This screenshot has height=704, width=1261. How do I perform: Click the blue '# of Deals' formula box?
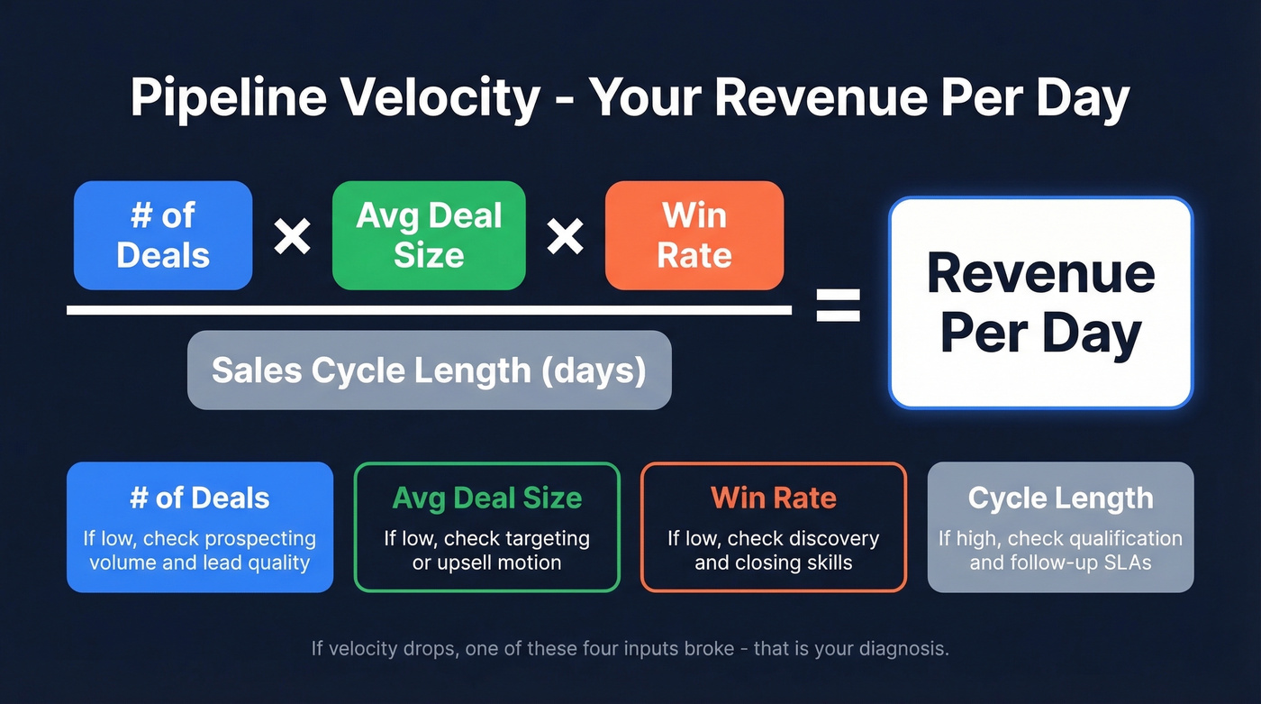tap(163, 235)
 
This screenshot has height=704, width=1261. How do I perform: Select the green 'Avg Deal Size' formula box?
tap(429, 235)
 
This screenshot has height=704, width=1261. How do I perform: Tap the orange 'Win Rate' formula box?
tap(694, 235)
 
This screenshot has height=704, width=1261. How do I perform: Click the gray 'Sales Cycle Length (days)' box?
tap(429, 370)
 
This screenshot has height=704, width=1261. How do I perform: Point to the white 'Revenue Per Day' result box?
tap(1040, 303)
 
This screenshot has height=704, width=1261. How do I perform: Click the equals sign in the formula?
tap(838, 305)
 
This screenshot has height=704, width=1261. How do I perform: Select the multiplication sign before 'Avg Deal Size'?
tap(293, 236)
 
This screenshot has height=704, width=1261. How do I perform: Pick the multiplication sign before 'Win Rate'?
tap(565, 236)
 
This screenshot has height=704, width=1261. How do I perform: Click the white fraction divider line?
tap(429, 310)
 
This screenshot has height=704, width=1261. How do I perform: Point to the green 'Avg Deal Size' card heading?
tap(487, 498)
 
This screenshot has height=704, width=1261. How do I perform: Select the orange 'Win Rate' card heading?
tap(774, 498)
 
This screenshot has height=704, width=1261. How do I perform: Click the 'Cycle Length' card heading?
tap(1060, 498)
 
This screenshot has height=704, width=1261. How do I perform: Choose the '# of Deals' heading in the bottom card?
tap(200, 498)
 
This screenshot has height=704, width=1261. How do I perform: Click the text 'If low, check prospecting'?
tap(200, 539)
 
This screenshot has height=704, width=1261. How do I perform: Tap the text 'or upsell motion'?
tap(487, 563)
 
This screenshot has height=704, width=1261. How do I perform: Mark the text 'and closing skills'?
tap(774, 563)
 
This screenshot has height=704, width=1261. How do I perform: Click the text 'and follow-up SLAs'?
tap(1060, 563)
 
